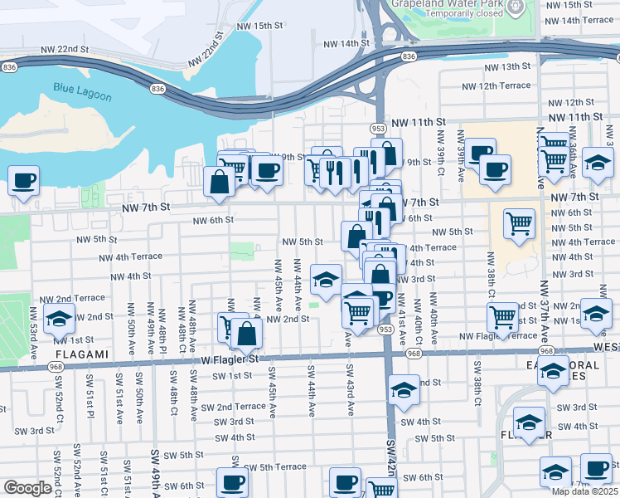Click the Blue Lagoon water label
coord(82,91)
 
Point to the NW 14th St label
coord(346,43)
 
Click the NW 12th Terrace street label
coord(496,85)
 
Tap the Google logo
coord(27,488)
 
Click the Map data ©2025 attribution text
coord(584,491)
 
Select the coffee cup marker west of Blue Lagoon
coord(23,180)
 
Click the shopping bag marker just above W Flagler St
coord(246,334)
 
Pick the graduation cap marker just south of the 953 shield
coord(403,390)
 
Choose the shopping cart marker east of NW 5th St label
coord(519,223)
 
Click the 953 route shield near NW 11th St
coord(378,129)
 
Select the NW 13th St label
coord(506,66)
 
